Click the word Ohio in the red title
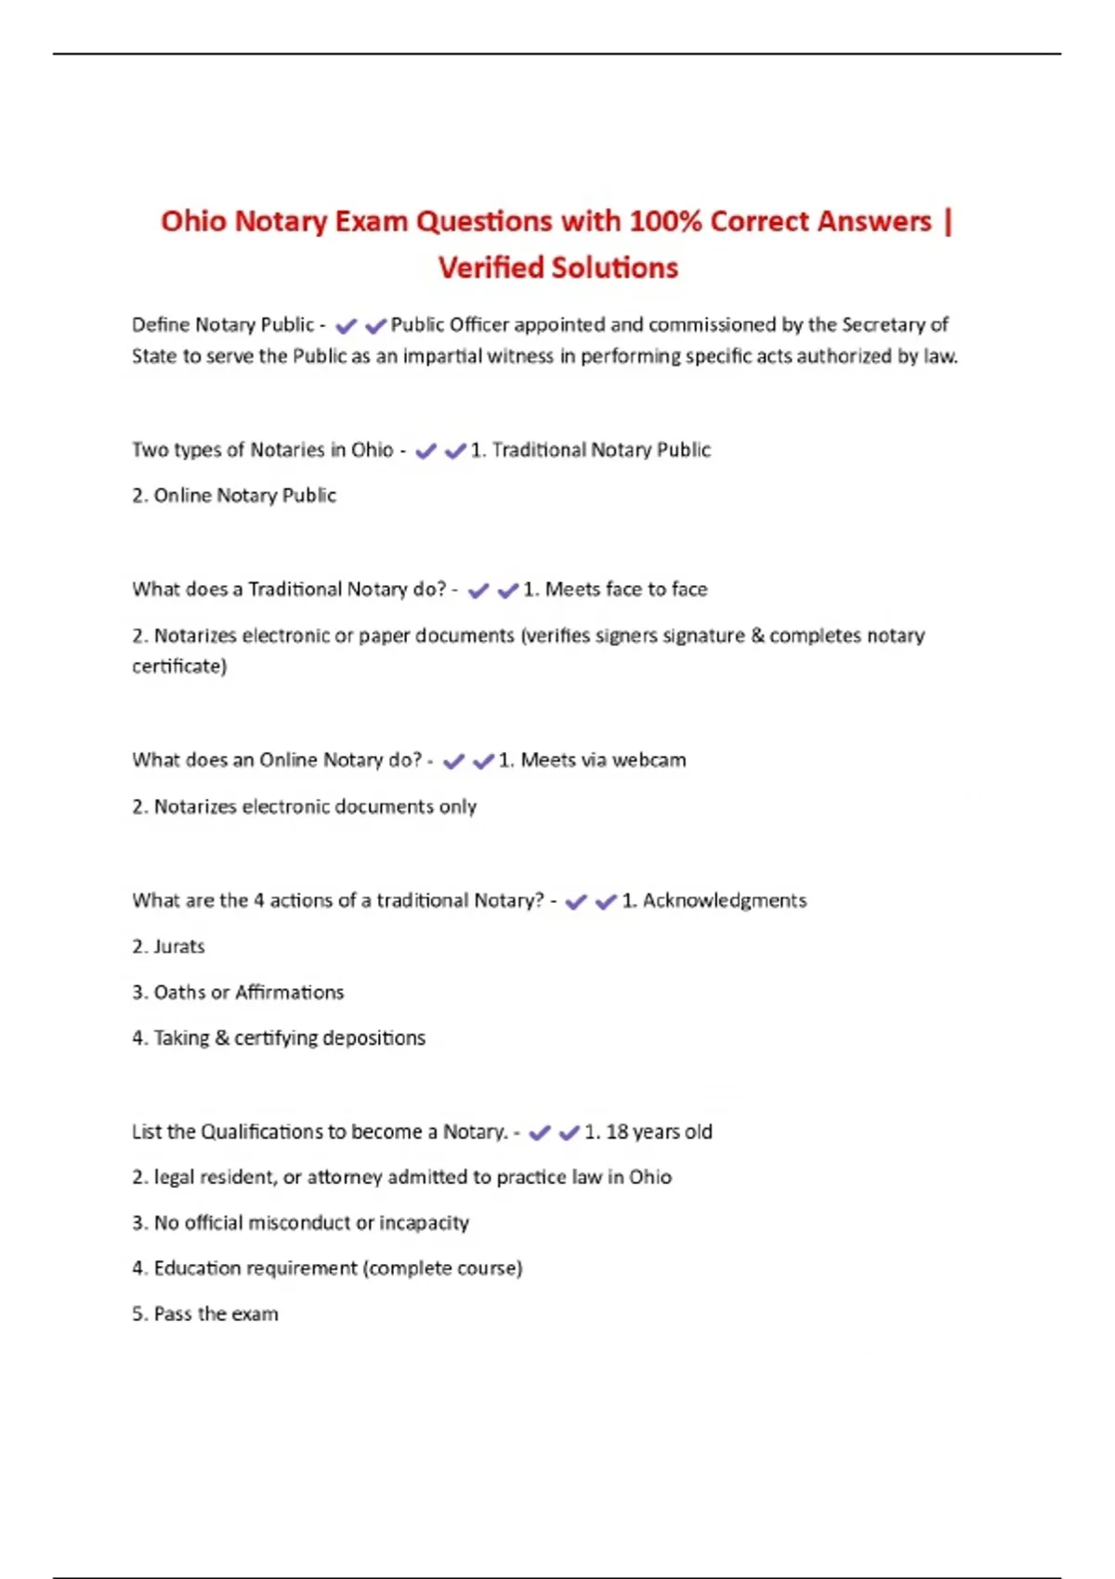(192, 222)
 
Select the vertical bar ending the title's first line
(947, 223)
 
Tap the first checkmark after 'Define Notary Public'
(347, 326)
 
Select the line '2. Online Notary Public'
(234, 496)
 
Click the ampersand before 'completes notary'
(757, 636)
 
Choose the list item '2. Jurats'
(168, 947)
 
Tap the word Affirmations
(290, 993)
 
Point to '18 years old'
(659, 1132)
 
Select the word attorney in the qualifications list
(345, 1178)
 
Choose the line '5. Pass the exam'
(205, 1314)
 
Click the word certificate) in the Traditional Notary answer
(179, 667)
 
